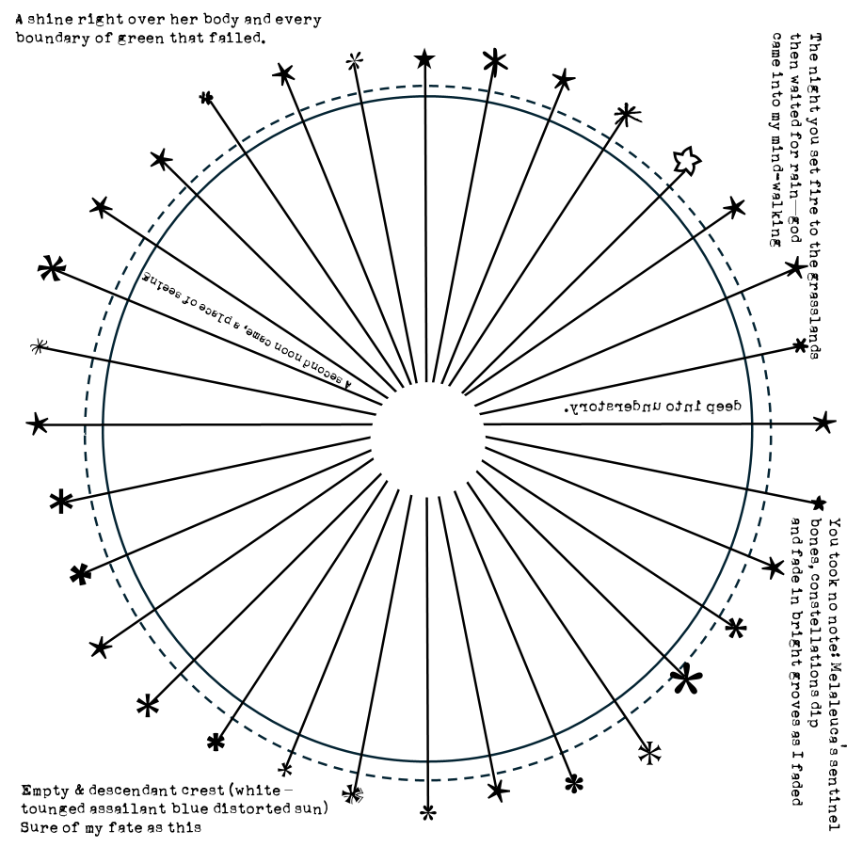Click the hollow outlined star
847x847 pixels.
click(688, 161)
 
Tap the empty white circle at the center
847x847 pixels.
click(428, 424)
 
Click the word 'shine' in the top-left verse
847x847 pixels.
click(58, 19)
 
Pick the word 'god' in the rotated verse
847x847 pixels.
click(795, 232)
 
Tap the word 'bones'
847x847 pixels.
click(816, 541)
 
